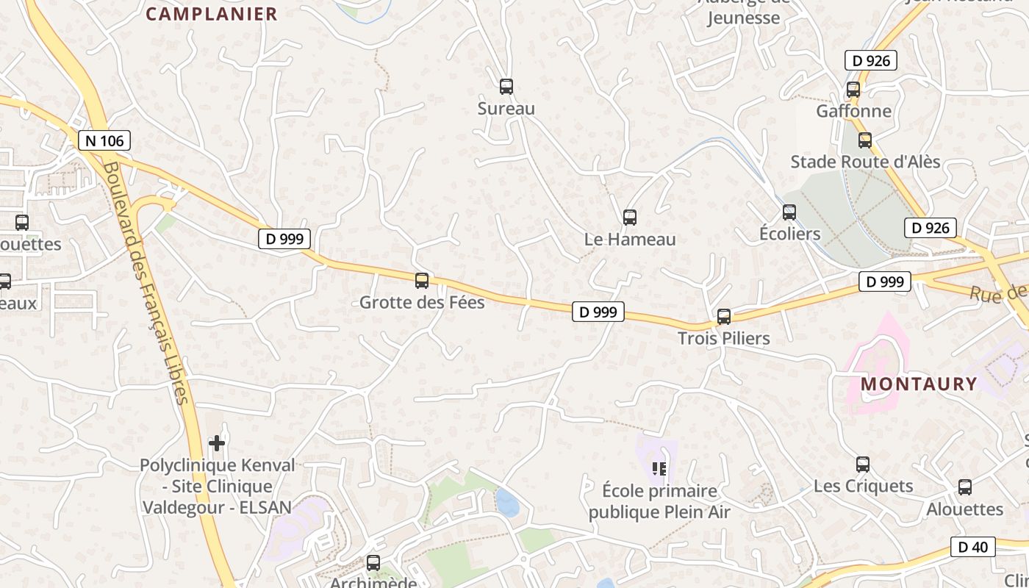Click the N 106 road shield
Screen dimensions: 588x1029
104,140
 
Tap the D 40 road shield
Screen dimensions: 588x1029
973,547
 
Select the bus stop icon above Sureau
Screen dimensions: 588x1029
506,87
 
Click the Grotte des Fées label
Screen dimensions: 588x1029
422,302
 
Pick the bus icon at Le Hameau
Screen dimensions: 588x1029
629,217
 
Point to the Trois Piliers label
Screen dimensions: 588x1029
723,339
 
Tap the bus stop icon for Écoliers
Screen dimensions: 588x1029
789,212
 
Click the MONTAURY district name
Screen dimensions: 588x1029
919,384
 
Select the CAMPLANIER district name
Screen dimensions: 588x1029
211,14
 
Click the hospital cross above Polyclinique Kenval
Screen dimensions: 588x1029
217,442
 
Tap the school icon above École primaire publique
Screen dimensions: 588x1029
659,468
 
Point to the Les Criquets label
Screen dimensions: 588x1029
863,486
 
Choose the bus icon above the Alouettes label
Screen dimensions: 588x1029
964,487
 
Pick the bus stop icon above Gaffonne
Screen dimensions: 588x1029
853,90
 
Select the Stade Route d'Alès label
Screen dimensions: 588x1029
865,162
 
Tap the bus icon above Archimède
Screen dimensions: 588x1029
373,563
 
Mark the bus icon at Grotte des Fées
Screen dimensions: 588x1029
422,280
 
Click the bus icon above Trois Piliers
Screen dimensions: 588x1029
723,317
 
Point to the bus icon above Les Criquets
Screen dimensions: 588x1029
862,465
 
